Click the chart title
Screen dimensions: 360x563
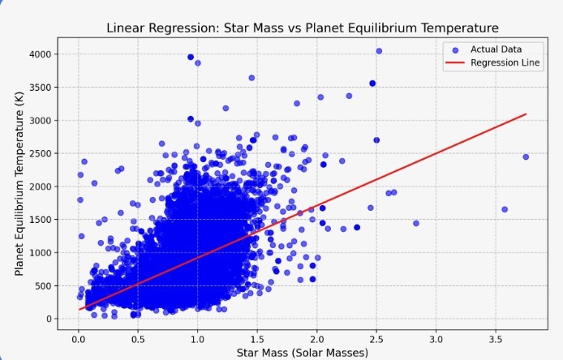(302, 28)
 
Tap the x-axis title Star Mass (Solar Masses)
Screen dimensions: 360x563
(302, 352)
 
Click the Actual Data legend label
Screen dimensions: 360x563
(496, 50)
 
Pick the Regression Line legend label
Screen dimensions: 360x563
(505, 63)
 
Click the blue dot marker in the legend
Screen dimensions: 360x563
(454, 50)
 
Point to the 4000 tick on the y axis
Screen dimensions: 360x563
(41, 54)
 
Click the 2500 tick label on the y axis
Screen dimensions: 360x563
(41, 153)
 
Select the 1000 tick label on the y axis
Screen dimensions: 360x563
(41, 252)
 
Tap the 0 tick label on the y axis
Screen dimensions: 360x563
(49, 319)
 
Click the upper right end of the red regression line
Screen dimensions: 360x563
(526, 114)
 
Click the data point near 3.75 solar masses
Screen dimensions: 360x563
(526, 156)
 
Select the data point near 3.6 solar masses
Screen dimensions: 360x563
(504, 209)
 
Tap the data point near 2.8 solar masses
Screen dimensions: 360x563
(416, 223)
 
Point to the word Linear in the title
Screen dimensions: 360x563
(125, 28)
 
